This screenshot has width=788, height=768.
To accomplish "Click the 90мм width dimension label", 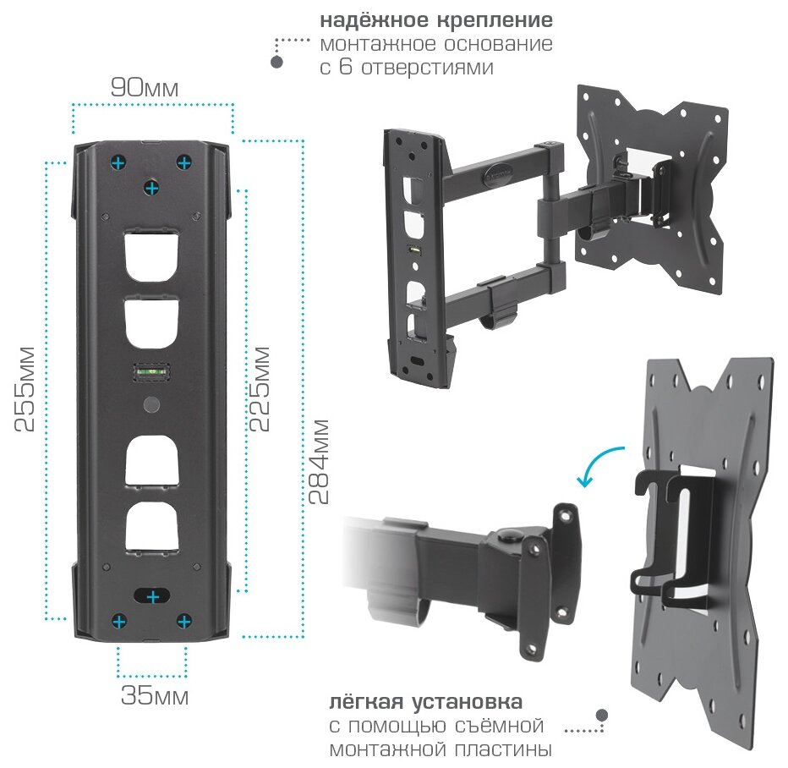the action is pos(145,87).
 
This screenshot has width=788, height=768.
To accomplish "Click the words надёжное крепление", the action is pos(436,19).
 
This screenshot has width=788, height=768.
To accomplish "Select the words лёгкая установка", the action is pos(425,702).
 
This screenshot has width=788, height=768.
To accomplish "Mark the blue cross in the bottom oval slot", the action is pos(152,597).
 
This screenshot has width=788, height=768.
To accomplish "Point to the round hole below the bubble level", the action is pos(151,403).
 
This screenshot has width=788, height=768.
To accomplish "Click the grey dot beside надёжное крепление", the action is pos(276,63).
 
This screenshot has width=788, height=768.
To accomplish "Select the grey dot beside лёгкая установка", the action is pos(602,716).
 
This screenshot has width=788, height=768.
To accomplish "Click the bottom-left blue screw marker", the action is pos(119,623).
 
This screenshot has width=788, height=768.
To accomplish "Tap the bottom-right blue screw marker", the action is pos(183,623).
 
